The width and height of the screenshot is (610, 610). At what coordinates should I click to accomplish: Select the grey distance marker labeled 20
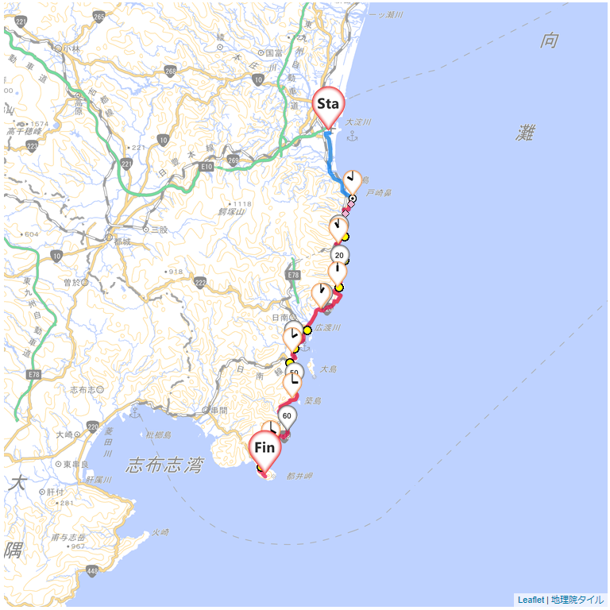pos(340,255)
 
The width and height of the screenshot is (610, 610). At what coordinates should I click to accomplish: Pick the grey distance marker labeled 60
pos(287,415)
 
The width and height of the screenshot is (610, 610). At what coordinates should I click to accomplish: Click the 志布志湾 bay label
pos(164,465)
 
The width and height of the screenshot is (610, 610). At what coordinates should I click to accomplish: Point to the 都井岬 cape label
pos(299,476)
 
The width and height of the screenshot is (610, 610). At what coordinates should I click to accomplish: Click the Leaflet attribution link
pos(531,600)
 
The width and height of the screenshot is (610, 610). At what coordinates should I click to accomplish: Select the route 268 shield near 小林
pos(170,71)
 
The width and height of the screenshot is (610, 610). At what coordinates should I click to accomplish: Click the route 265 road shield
pos(99,17)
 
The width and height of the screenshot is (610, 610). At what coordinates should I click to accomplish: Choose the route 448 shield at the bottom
pos(93,572)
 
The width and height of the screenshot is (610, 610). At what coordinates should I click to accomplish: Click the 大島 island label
pos(329,369)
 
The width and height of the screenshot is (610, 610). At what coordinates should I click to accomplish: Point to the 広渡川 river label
pos(328,327)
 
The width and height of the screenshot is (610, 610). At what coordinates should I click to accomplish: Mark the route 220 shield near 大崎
pos(94,427)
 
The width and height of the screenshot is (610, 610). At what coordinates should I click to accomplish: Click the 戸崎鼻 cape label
pos(379,193)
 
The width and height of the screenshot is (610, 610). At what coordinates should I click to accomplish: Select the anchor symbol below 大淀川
pos(353,137)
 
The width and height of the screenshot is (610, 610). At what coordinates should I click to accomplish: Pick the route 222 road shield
pos(200,284)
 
